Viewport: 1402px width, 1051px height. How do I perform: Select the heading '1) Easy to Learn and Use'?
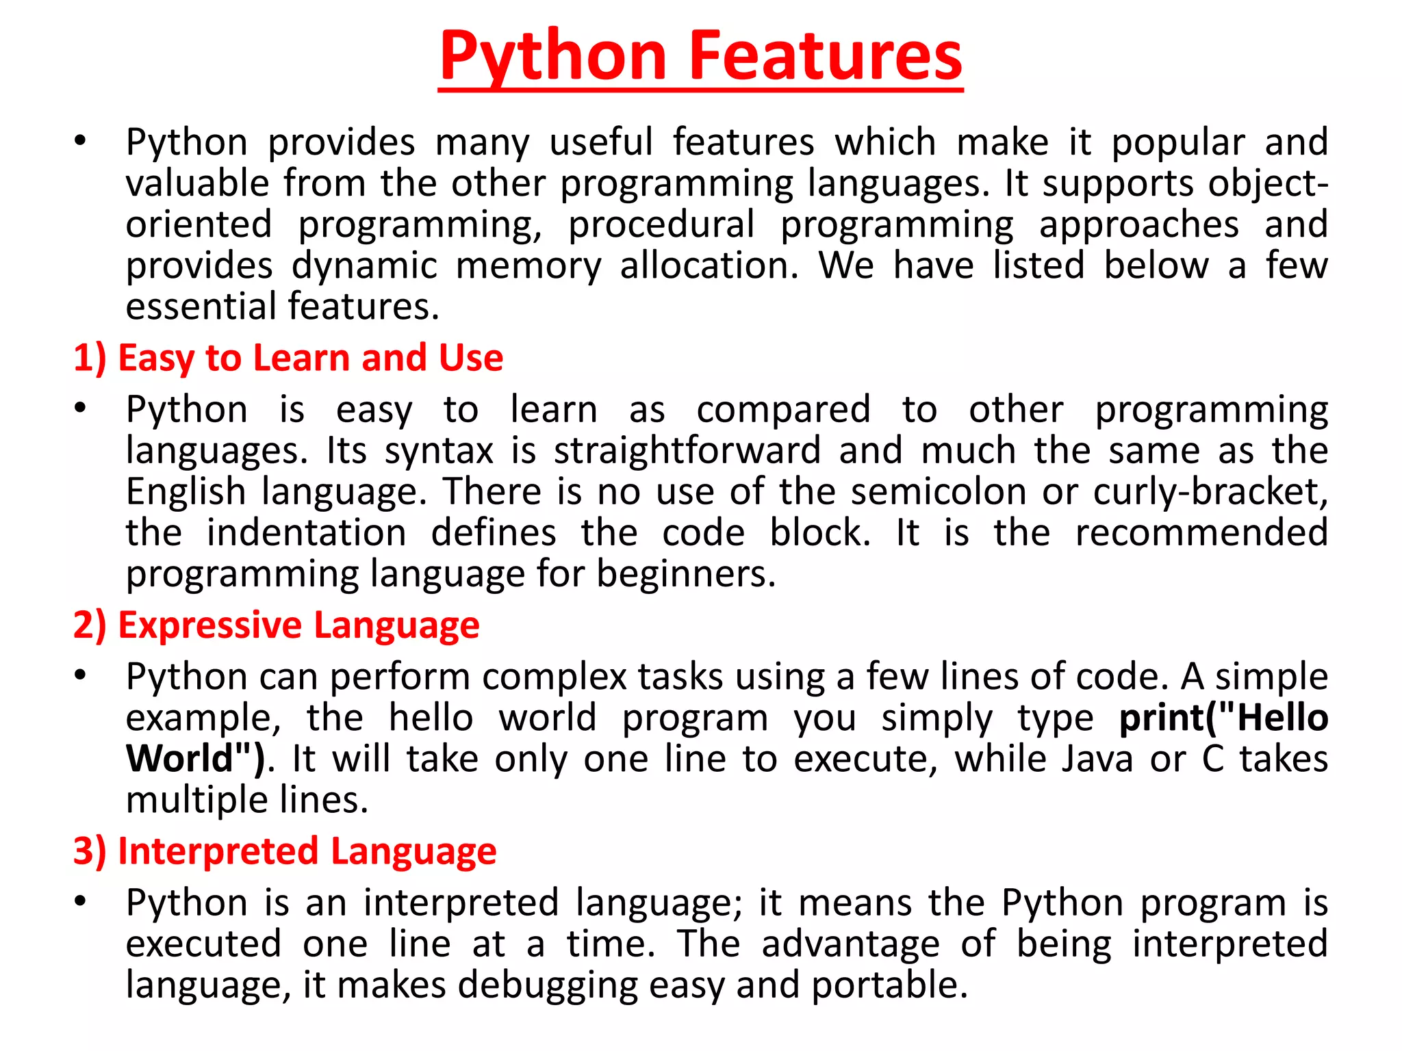pyautogui.click(x=288, y=358)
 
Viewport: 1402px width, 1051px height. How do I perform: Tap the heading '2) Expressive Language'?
pyautogui.click(x=277, y=625)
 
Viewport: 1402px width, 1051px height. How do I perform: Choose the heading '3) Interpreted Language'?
pyautogui.click(x=285, y=851)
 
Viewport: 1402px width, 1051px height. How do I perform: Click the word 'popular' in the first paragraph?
pyautogui.click(x=1177, y=143)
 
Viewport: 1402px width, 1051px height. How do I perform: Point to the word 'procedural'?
pyautogui.click(x=661, y=224)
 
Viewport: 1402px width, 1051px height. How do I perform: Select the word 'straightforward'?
pyautogui.click(x=687, y=451)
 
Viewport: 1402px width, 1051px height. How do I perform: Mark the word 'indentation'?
pyautogui.click(x=307, y=533)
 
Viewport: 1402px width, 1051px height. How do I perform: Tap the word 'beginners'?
pyautogui.click(x=686, y=574)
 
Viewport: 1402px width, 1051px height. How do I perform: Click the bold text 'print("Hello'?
pyautogui.click(x=1223, y=718)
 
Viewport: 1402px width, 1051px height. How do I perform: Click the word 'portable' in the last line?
pyautogui.click(x=889, y=986)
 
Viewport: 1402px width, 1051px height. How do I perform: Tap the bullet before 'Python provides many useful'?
pyautogui.click(x=81, y=142)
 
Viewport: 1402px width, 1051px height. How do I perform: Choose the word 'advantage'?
pyautogui.click(x=850, y=944)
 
